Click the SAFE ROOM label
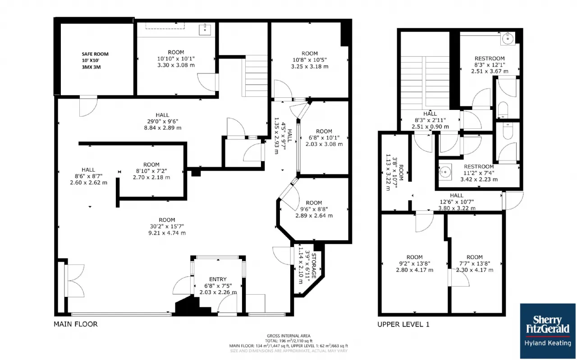[95, 54]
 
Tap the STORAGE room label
[314, 266]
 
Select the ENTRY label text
[218, 279]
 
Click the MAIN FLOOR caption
[75, 324]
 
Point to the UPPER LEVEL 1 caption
[403, 324]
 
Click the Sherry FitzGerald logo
[548, 331]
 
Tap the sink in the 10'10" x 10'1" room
[205, 29]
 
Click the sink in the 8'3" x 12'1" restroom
[508, 39]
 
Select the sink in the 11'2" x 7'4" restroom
[445, 172]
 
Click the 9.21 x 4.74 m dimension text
[167, 233]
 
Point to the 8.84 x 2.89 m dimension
[163, 128]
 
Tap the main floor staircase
[255, 76]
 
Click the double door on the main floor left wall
[74, 281]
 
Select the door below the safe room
[88, 106]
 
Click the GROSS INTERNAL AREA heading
[288, 336]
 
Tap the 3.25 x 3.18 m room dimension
[310, 66]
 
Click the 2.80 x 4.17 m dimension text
[414, 270]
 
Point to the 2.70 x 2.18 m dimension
[151, 177]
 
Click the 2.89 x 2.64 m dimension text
[314, 215]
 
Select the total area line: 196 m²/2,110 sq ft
[288, 341]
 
